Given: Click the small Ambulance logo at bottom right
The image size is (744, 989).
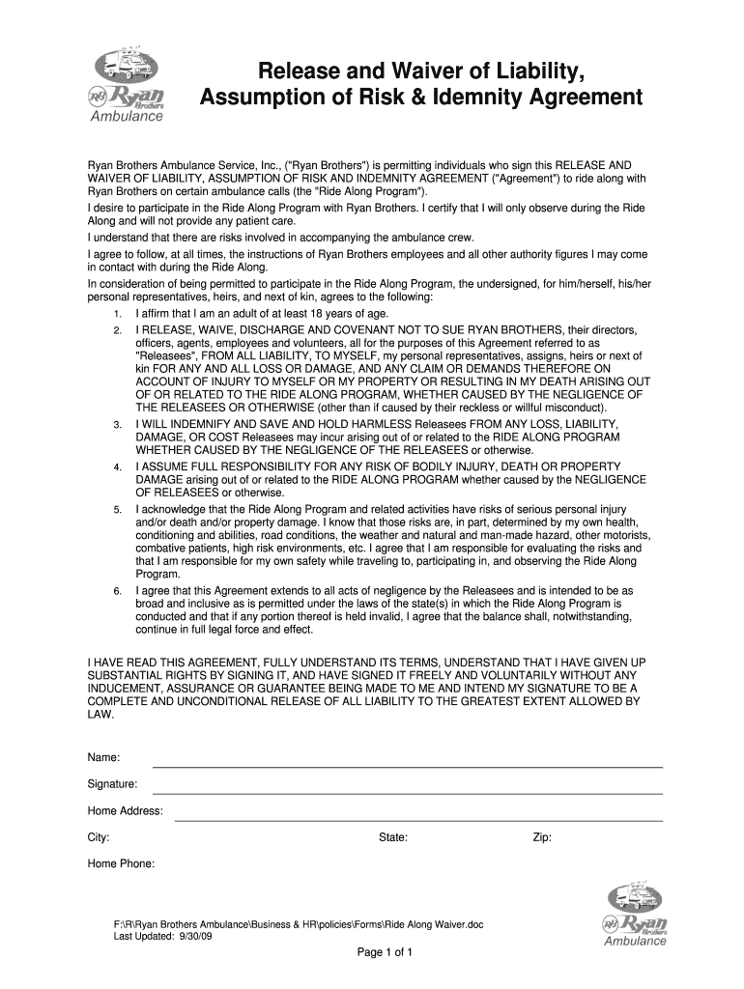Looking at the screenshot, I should (x=635, y=915).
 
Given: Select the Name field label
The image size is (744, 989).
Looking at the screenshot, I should (x=104, y=757).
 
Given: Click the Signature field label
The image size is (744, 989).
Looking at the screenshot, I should (x=113, y=783).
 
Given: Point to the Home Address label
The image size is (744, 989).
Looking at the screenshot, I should (x=126, y=810).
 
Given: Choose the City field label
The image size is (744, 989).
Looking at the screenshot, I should (x=99, y=837).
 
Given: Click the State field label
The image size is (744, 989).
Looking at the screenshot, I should (x=393, y=837).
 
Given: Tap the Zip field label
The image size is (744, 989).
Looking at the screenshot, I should (x=542, y=837).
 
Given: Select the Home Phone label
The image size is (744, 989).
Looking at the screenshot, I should (x=122, y=863).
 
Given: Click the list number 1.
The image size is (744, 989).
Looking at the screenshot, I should (x=116, y=315).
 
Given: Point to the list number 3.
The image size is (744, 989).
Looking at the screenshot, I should (x=116, y=425).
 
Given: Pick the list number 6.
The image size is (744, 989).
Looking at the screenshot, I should (x=116, y=590).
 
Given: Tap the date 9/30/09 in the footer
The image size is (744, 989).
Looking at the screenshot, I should (x=192, y=937).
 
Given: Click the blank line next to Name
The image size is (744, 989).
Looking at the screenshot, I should (x=407, y=766).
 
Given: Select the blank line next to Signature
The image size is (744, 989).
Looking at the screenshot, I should (x=407, y=793).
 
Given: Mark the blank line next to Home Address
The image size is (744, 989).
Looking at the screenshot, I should (x=417, y=820).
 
